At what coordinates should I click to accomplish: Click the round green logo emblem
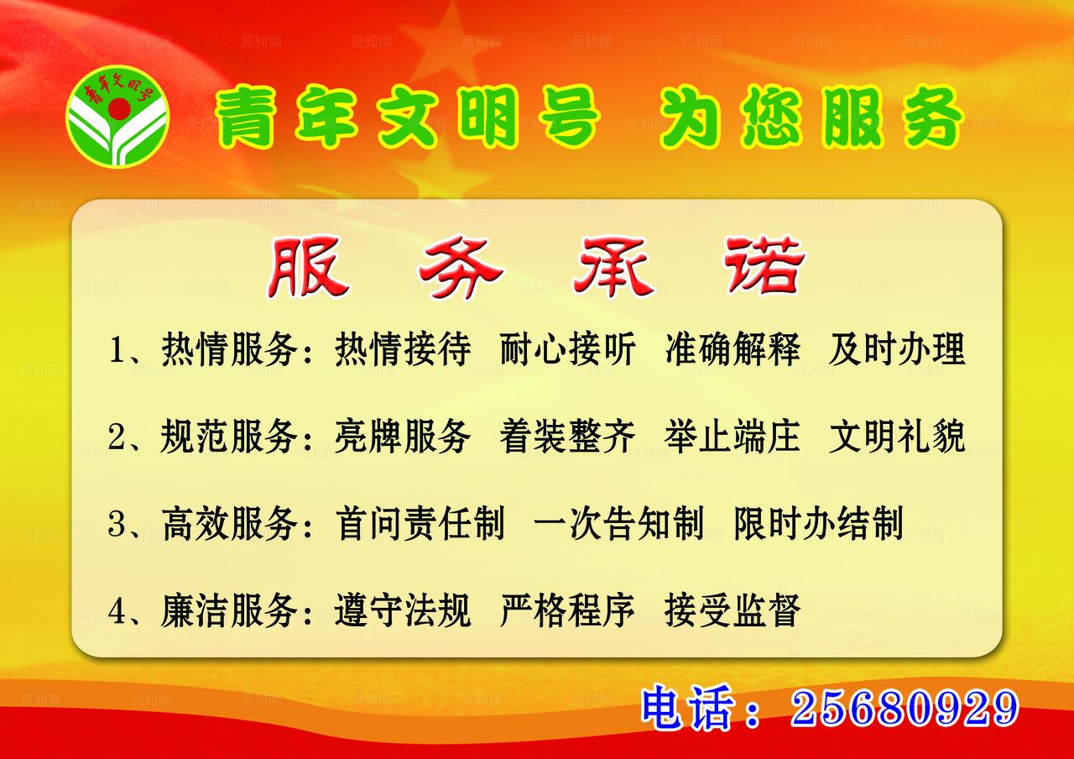(117, 117)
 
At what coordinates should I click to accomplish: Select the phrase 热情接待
(403, 350)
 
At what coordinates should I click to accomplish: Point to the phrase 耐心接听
(567, 350)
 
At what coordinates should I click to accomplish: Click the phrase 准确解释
(733, 350)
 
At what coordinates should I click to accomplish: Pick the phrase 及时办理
(897, 350)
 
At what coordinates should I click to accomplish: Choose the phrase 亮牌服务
(403, 437)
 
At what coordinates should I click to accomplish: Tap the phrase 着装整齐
(567, 437)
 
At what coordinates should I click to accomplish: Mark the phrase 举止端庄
(733, 437)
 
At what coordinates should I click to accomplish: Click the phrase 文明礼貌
(897, 437)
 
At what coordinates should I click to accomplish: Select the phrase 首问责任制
(420, 524)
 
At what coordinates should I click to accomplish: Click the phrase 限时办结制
(818, 524)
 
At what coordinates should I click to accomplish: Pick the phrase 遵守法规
(403, 610)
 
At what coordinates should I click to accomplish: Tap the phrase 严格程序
(567, 610)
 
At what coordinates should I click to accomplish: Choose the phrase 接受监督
(733, 610)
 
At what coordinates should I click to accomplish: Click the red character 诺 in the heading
(765, 268)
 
